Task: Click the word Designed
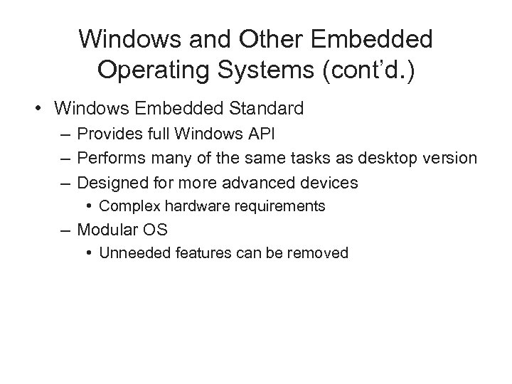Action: pyautogui.click(x=110, y=183)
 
